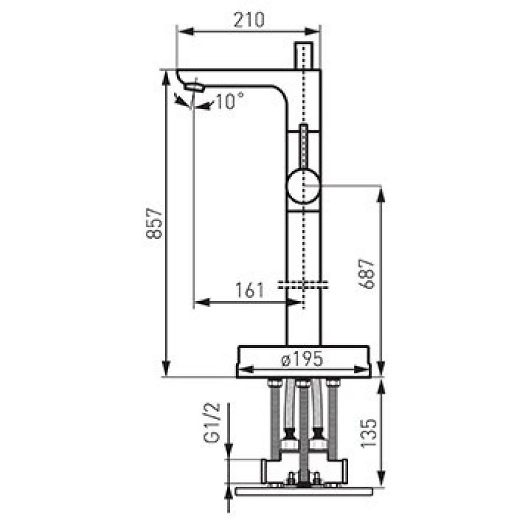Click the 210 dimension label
tap(249, 19)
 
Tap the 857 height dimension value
tap(155, 223)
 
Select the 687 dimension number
tap(367, 274)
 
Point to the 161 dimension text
tap(249, 290)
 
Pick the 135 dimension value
tap(368, 434)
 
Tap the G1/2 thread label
tap(212, 422)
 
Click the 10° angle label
tap(230, 101)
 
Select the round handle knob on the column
tap(303, 186)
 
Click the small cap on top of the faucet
tap(303, 55)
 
